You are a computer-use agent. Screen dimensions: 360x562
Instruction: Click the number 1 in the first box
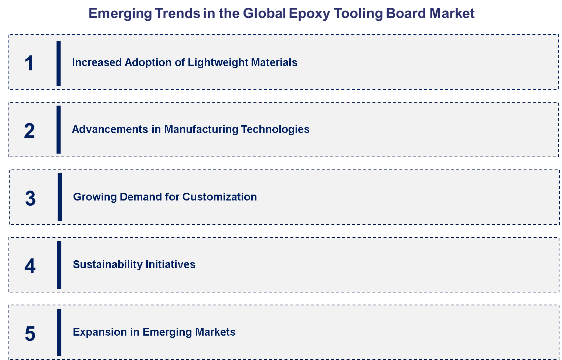tap(29, 63)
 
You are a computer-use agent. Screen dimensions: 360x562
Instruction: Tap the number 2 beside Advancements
tap(29, 131)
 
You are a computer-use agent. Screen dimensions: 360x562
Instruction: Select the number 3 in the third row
tap(30, 198)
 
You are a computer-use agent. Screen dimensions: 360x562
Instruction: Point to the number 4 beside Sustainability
tap(30, 266)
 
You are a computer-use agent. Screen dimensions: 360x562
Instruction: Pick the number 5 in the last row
tap(30, 333)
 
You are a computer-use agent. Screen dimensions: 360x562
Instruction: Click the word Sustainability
tap(107, 264)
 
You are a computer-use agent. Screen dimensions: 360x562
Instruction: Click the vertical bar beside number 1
tap(58, 63)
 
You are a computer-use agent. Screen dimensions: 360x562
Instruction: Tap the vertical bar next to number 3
tap(59, 197)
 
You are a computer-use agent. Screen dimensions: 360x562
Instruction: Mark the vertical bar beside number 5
tap(59, 332)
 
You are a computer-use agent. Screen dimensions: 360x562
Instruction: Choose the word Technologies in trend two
tap(275, 129)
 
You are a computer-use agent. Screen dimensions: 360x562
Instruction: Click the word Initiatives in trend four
tap(170, 264)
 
